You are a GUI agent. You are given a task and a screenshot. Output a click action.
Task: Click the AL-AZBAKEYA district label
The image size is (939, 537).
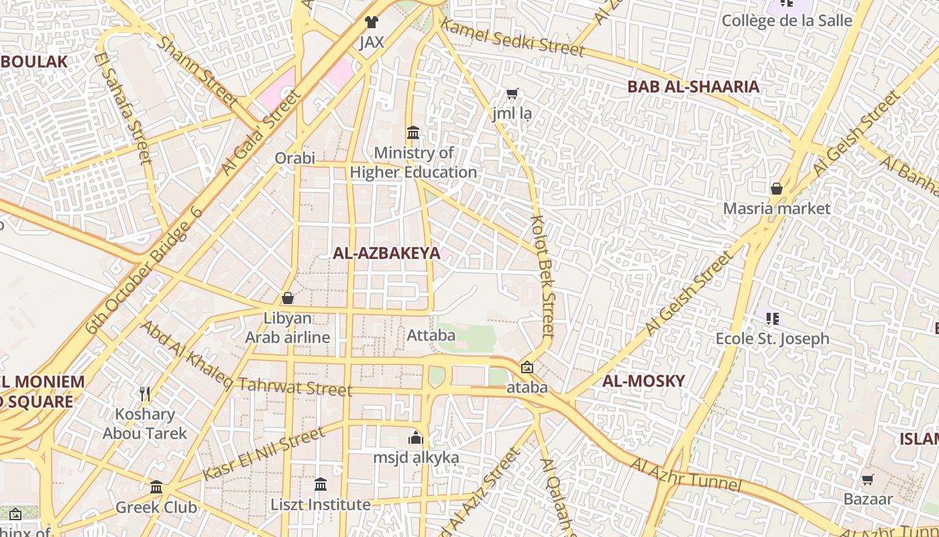pos(386,253)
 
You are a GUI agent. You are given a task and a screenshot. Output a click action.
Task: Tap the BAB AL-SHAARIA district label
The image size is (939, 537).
pos(693,87)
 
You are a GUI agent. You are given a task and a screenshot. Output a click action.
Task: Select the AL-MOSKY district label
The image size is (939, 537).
pos(643,381)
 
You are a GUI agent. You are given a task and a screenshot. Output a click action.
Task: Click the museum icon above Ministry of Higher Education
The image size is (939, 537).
pos(413,133)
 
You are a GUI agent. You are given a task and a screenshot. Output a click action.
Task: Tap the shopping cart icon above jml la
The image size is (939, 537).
pos(512,94)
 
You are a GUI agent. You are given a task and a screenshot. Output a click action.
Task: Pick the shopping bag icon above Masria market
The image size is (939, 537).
pos(777,189)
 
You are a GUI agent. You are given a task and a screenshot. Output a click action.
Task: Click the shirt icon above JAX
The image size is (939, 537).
pos(372,22)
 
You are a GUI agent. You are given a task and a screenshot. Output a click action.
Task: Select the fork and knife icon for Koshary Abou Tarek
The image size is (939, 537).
pos(144,393)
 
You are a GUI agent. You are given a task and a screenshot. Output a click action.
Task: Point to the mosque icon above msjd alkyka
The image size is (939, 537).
pos(416,438)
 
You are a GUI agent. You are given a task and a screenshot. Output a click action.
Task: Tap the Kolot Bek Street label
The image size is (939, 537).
pos(543,275)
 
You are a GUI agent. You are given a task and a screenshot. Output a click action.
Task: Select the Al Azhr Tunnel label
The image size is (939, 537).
pos(685,475)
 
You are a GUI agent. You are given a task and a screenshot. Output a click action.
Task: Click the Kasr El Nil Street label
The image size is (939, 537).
pos(264,454)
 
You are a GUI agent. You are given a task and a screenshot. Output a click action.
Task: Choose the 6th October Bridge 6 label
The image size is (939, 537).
pos(144,271)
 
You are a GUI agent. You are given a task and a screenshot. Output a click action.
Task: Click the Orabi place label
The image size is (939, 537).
pos(294,158)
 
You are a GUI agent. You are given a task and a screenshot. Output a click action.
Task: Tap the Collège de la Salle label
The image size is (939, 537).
pos(786,20)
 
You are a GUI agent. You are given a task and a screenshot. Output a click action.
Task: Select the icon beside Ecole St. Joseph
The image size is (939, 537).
pos(772,318)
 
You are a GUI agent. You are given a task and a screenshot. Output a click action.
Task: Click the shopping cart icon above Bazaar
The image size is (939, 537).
pos(867,479)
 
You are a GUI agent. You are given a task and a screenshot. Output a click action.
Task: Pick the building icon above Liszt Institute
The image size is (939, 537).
pos(321,484)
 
